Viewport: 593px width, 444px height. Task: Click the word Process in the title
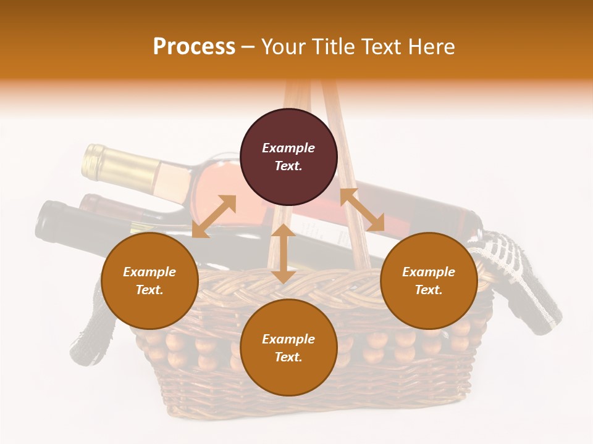tap(194, 47)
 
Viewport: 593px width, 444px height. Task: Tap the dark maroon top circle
tap(288, 157)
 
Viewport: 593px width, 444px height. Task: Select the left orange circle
tap(149, 281)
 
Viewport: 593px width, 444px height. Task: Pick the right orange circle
tap(429, 281)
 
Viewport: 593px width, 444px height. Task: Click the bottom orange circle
tap(288, 348)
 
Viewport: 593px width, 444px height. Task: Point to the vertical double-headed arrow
tap(283, 253)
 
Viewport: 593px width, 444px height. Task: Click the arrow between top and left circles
tap(214, 216)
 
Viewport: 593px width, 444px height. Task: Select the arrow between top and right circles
tap(362, 210)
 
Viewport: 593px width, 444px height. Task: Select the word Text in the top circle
tap(288, 166)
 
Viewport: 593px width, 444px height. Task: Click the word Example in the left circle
tap(149, 272)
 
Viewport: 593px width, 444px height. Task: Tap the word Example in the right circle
tap(429, 272)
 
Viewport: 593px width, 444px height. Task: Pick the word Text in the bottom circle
tap(288, 357)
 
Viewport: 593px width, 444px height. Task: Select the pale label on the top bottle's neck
tap(173, 179)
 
